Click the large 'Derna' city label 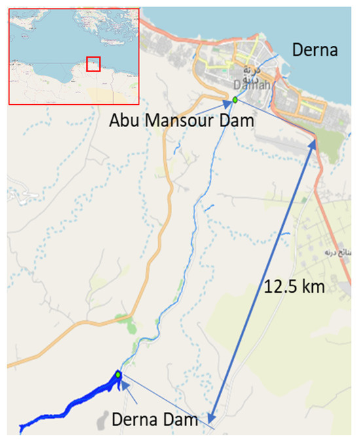(x=315, y=49)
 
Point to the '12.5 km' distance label (x=295, y=287)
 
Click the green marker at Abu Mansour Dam (x=234, y=100)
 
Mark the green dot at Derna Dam (x=118, y=375)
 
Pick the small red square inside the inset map (x=93, y=64)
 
